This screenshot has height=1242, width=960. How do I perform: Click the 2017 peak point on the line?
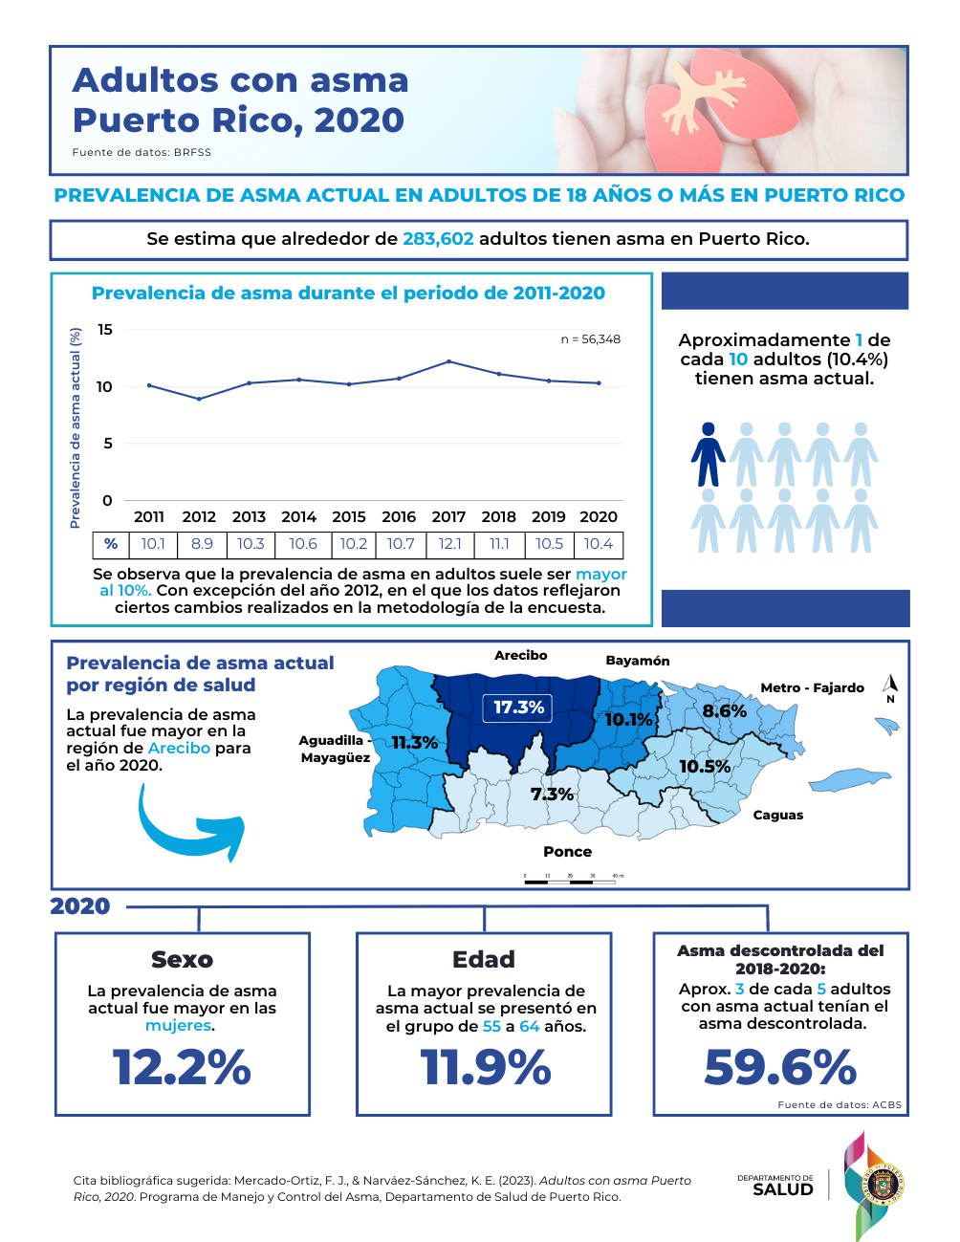(x=448, y=361)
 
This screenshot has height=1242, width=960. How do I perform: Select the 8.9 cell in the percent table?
(x=202, y=544)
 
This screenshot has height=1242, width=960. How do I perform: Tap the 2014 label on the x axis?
(x=298, y=517)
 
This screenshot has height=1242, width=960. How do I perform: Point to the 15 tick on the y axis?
(x=105, y=330)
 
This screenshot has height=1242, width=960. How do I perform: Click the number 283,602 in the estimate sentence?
(x=438, y=239)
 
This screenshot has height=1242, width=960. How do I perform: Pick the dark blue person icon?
(x=708, y=455)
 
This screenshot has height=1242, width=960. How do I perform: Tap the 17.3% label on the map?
(x=518, y=708)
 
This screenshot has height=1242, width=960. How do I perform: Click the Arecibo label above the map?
(x=521, y=656)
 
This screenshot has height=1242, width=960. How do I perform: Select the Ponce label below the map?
(x=567, y=852)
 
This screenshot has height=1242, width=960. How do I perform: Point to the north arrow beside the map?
(x=890, y=686)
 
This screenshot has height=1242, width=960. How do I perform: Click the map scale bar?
(x=570, y=881)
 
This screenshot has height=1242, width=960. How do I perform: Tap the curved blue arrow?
(x=189, y=825)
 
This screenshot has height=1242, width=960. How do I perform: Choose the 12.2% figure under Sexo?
(x=182, y=1067)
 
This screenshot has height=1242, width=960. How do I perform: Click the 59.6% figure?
(x=780, y=1067)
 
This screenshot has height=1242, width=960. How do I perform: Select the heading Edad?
(x=484, y=959)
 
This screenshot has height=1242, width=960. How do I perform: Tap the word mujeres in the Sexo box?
(x=178, y=1026)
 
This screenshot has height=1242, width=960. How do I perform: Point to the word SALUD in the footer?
(x=782, y=1190)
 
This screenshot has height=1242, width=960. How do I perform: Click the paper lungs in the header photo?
(x=690, y=110)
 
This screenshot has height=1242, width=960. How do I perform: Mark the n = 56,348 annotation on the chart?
(x=590, y=339)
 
